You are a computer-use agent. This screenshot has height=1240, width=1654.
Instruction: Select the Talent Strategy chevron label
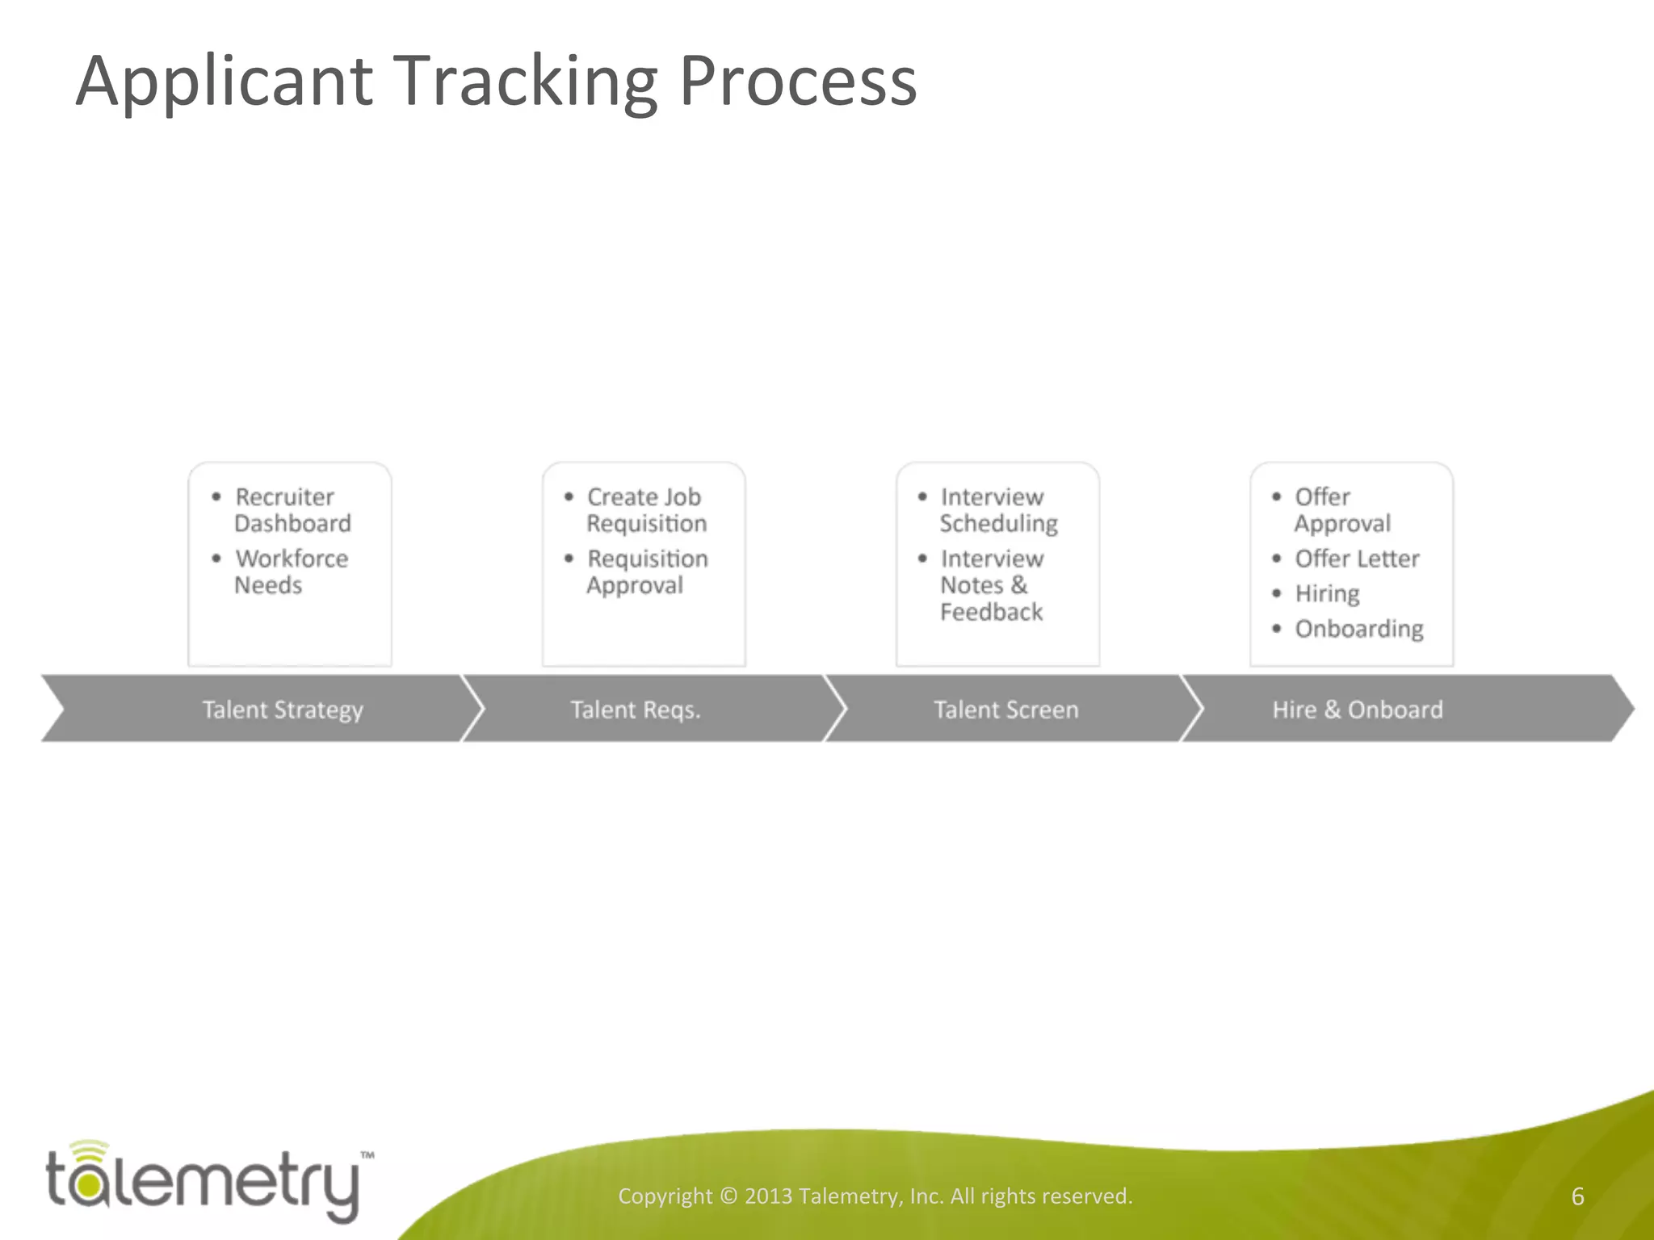pos(283,710)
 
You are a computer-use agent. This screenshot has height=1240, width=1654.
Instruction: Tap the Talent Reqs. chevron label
pos(636,710)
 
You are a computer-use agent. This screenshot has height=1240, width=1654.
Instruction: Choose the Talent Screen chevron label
pos(1005,710)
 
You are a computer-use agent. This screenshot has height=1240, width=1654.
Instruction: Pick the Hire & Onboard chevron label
pos(1358,710)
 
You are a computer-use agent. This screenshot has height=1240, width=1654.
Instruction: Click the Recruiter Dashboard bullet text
pos(292,510)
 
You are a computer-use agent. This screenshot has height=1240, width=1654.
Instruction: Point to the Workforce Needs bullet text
pos(291,572)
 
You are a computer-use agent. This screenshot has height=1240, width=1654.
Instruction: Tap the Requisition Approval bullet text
pos(647,572)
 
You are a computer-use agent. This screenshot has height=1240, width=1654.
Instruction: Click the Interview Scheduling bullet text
pos(998,510)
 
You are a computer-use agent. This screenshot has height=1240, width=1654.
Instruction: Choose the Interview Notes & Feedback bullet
pos(992,585)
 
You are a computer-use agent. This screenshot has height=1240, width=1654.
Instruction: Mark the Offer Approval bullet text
pos(1341,510)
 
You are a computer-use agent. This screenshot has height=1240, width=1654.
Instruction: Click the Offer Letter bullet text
pos(1357,559)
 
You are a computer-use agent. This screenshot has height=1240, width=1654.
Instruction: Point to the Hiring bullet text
pos(1327,594)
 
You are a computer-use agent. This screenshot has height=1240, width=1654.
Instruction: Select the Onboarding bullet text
pos(1359,629)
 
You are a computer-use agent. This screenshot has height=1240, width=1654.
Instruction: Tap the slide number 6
pos(1577,1196)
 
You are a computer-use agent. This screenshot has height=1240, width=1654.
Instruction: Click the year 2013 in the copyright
pos(768,1196)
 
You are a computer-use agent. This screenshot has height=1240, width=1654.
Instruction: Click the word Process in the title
pos(798,82)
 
